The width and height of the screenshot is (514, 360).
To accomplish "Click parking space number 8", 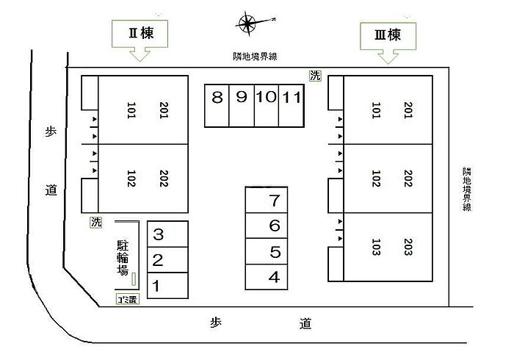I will [217, 98].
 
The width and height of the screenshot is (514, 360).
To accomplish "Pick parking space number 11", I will [291, 98].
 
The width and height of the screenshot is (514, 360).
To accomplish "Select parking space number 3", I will [157, 236].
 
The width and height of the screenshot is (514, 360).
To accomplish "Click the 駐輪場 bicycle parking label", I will [123, 258].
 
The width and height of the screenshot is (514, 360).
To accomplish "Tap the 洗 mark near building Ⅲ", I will [315, 75].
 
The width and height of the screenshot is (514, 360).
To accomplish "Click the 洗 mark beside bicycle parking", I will [96, 220].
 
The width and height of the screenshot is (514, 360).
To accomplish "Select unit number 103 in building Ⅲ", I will [375, 247].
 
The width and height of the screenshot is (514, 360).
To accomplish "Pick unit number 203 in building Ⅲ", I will [408, 247].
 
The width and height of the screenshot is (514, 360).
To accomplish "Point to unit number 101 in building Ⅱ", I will [132, 111].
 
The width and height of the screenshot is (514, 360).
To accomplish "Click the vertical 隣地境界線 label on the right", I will [467, 189].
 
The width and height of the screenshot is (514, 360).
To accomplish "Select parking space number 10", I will [266, 98].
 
